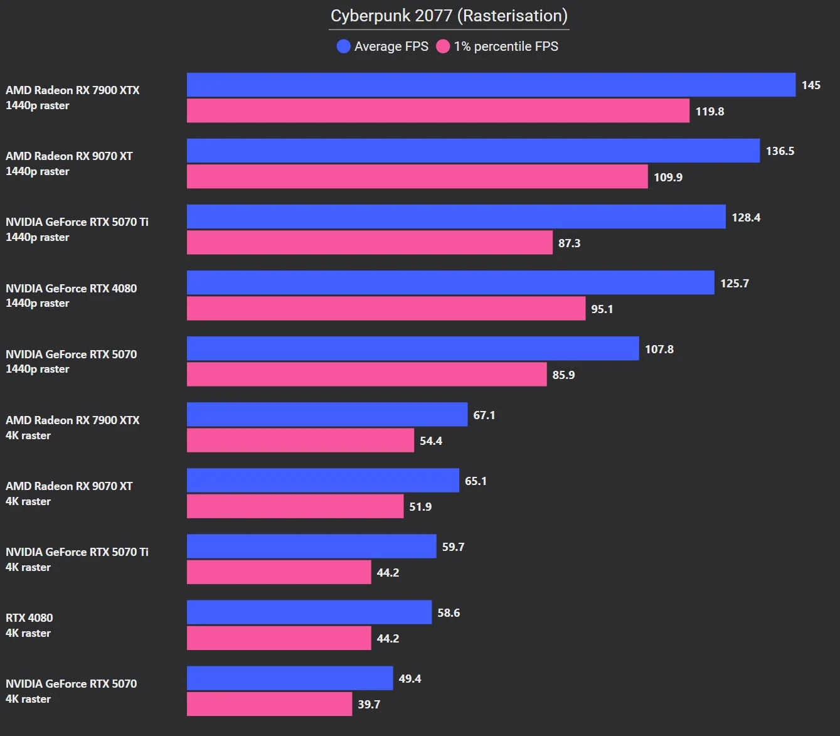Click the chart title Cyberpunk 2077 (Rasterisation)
click(x=449, y=16)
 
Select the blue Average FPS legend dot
click(x=343, y=46)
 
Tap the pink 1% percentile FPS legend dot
click(x=443, y=46)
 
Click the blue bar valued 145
click(x=491, y=85)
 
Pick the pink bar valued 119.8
click(x=438, y=111)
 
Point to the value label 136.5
click(x=780, y=151)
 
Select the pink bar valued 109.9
click(x=417, y=177)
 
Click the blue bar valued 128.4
click(x=456, y=217)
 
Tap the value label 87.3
click(x=569, y=243)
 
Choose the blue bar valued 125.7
click(x=450, y=283)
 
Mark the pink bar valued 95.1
click(x=386, y=309)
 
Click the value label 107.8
click(x=659, y=349)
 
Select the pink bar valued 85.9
click(x=366, y=375)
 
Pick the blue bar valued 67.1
click(x=327, y=415)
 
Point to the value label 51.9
click(x=420, y=507)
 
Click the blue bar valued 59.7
click(x=311, y=547)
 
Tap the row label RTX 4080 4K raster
click(x=29, y=626)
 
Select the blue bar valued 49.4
click(x=290, y=678)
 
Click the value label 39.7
click(x=369, y=705)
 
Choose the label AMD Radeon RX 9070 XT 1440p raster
click(x=69, y=163)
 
